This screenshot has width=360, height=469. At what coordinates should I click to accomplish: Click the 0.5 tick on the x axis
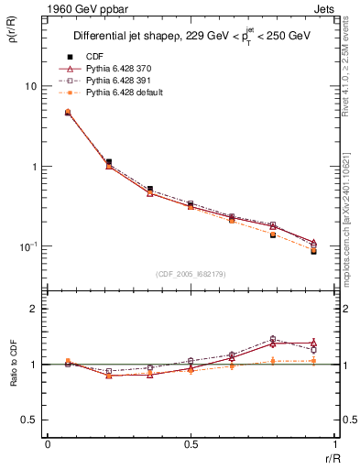(x=191, y=443)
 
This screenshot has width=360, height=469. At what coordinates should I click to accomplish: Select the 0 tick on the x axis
(x=48, y=443)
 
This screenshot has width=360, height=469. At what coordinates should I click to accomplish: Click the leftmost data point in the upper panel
(x=68, y=112)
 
